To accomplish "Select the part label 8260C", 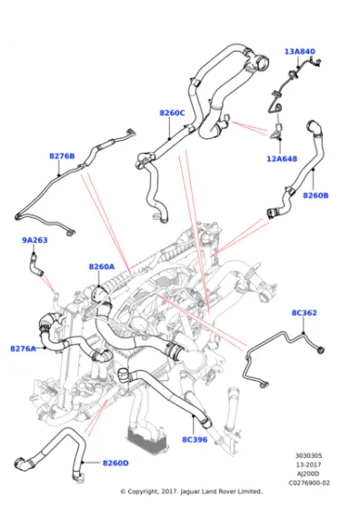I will coord(172,113).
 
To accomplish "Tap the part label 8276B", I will coord(61,155).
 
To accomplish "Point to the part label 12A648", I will coord(282,159).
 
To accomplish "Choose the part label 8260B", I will coord(315,195).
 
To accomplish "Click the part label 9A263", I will coord(35,240).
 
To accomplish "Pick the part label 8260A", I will coord(102,266).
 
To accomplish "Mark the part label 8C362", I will coord(304,314).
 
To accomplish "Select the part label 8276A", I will coord(24,348).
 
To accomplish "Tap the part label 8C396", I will coord(195,440).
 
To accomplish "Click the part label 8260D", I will coord(115,463).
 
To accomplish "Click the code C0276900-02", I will coord(309,482).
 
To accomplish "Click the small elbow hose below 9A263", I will coord(36,265).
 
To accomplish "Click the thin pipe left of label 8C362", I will coord(273,350).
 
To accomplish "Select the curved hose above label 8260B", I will coord(312,150).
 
